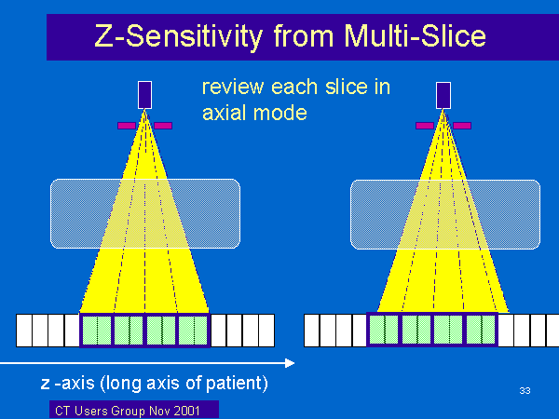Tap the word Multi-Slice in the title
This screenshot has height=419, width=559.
point(415,35)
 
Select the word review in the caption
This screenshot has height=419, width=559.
point(233,87)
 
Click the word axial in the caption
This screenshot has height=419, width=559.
point(224,113)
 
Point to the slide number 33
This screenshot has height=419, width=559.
point(525,391)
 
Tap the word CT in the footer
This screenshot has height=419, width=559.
point(62,411)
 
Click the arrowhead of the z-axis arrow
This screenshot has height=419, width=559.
point(290,363)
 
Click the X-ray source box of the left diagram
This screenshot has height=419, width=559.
point(144,95)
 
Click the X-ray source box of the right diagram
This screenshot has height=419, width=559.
point(443,96)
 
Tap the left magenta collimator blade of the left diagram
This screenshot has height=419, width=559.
point(127,126)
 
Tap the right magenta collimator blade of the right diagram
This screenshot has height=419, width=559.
point(462,126)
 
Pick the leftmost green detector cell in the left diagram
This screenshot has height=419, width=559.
point(97,331)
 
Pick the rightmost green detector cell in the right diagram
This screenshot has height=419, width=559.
point(481,330)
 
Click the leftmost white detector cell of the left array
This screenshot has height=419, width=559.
point(24,331)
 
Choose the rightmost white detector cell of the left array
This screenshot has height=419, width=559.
point(266,331)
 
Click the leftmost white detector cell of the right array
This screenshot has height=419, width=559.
point(312,331)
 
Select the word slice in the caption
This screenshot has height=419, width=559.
point(346,87)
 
